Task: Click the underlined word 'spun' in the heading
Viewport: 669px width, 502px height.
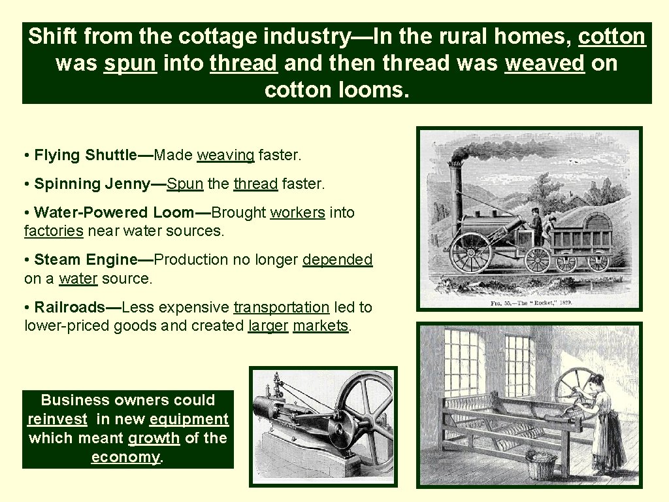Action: pyautogui.click(x=130, y=63)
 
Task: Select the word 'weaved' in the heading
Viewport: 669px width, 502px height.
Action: pyautogui.click(x=544, y=63)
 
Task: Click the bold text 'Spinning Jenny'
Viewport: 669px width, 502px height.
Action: pyautogui.click(x=92, y=184)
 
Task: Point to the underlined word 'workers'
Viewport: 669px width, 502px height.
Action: pyautogui.click(x=297, y=213)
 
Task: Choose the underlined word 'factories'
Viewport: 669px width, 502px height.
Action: pyautogui.click(x=54, y=231)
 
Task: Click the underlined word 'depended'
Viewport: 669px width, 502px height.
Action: pyautogui.click(x=337, y=260)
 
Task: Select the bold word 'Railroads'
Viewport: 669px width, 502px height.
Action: pyautogui.click(x=69, y=307)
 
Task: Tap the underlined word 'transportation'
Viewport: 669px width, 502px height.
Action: pyautogui.click(x=281, y=307)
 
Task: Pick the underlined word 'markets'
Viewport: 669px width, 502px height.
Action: pyautogui.click(x=320, y=326)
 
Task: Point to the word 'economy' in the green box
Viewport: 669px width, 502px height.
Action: pyautogui.click(x=125, y=458)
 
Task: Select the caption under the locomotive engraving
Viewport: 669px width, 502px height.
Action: pyautogui.click(x=530, y=303)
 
